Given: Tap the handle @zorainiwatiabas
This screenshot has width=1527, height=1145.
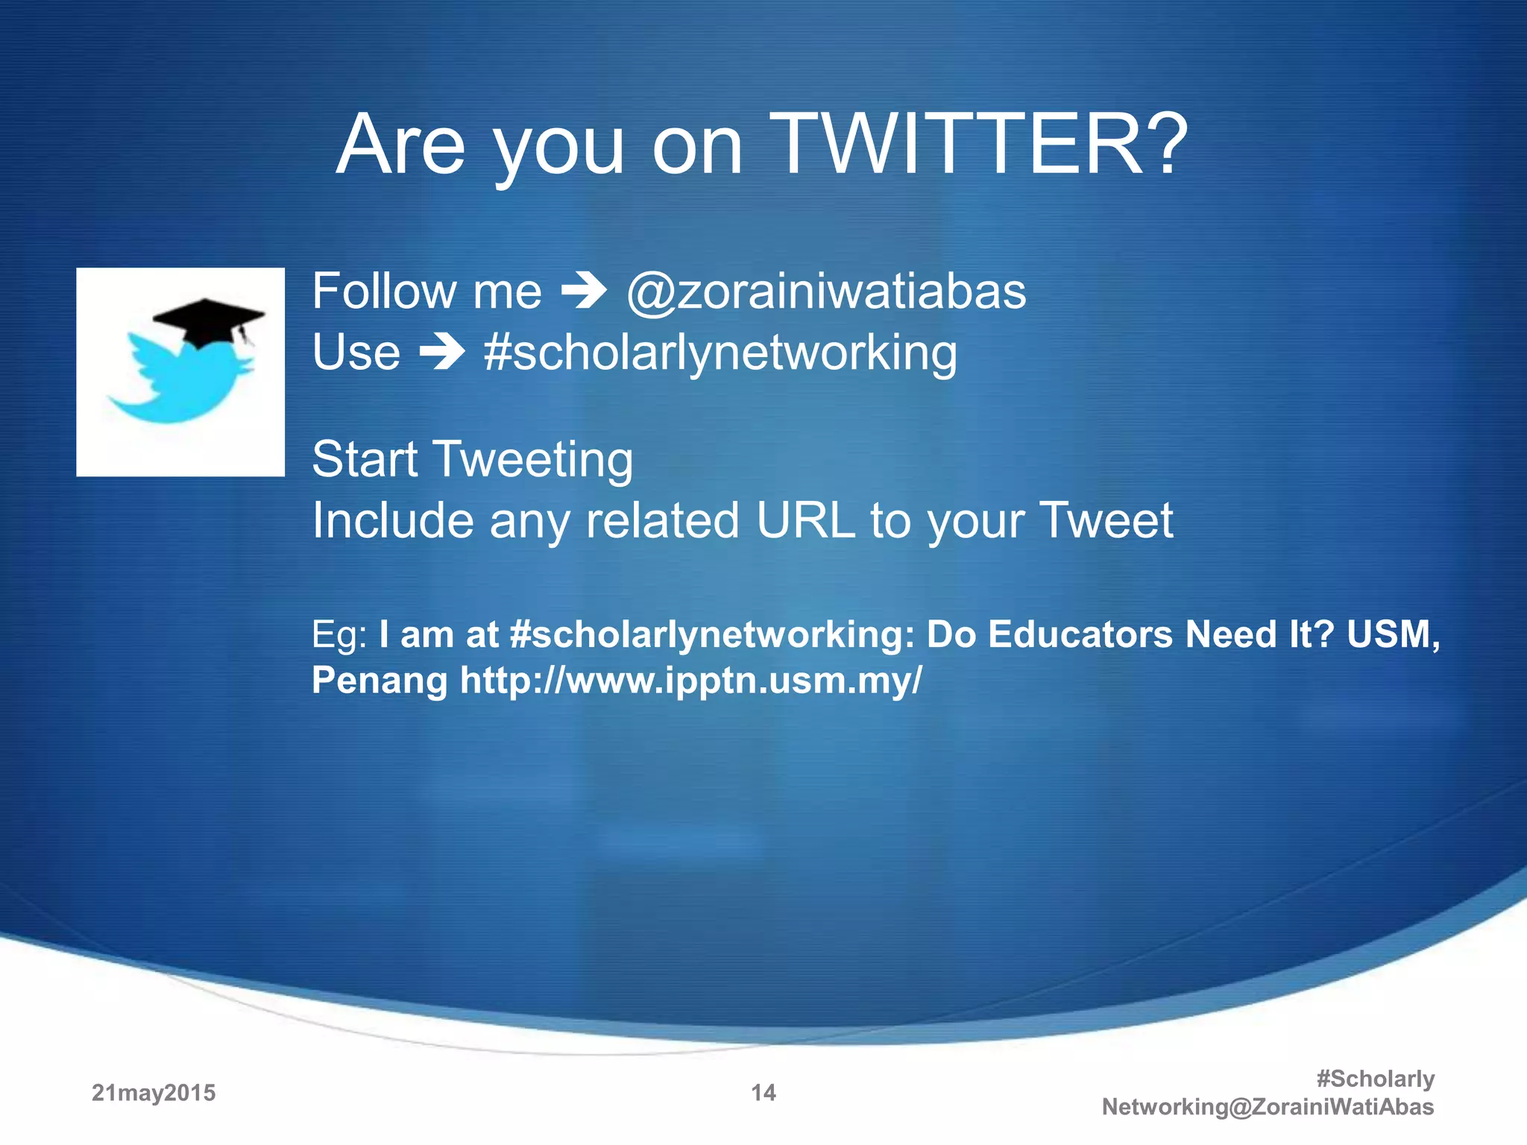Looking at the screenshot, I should (x=826, y=291).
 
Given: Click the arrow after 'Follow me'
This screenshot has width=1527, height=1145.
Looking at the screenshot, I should (x=584, y=291).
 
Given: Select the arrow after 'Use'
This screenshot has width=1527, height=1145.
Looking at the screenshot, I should (x=442, y=353).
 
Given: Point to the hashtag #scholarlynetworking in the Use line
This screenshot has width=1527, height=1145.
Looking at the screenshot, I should (x=720, y=353).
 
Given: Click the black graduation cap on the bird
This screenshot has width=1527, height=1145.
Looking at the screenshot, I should (x=208, y=321).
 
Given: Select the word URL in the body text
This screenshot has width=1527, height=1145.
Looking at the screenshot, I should (x=805, y=520).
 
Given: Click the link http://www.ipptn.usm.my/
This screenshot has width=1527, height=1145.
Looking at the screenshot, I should (x=690, y=680).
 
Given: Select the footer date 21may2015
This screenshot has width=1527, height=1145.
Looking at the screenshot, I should (x=154, y=1093).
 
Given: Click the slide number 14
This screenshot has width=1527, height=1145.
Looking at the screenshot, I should (x=763, y=1093).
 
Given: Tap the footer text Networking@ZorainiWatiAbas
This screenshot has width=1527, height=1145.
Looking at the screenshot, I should (x=1268, y=1107).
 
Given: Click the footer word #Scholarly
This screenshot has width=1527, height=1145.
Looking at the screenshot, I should (x=1375, y=1079).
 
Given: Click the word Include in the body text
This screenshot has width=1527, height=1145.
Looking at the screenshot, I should (x=392, y=520).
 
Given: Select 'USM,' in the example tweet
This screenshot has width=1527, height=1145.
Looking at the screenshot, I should (x=1393, y=635).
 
